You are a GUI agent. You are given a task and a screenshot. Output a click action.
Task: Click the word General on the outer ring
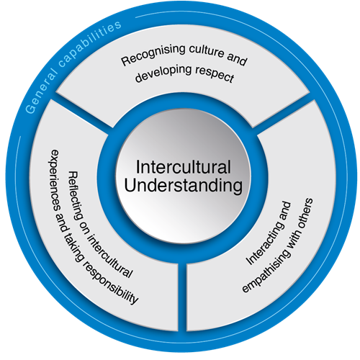41,91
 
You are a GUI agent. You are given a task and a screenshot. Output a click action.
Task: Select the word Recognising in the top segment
153,54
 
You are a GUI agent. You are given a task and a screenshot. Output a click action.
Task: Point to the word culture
207,51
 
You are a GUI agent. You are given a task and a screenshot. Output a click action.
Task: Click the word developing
163,73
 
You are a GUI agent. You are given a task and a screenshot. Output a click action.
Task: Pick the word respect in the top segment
215,74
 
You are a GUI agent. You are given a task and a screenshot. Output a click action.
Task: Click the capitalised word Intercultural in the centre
184,167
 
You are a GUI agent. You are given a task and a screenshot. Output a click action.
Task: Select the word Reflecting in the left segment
76,197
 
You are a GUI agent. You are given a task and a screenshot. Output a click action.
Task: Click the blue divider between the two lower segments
182,297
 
